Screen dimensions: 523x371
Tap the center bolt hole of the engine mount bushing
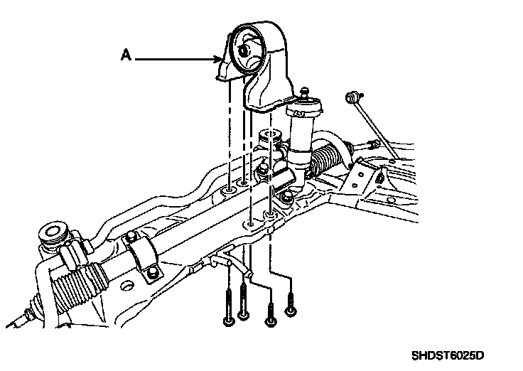coord(242,50)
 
